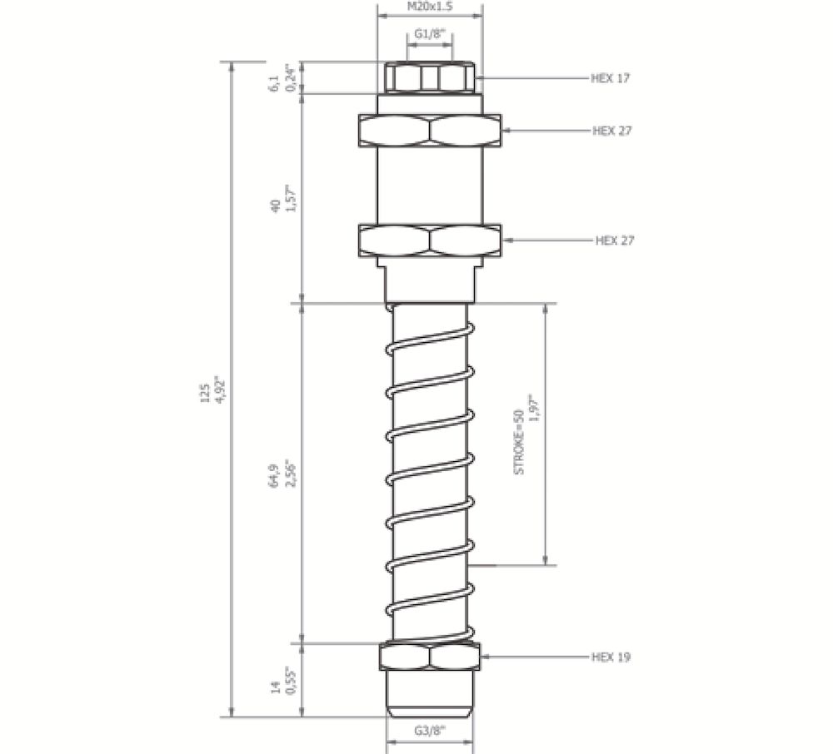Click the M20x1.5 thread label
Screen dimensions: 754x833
pyautogui.click(x=430, y=6)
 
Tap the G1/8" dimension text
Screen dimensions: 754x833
pyautogui.click(x=430, y=35)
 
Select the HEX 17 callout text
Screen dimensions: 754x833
pyautogui.click(x=611, y=78)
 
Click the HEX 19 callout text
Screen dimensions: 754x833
pyautogui.click(x=611, y=657)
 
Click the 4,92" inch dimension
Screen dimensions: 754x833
pyautogui.click(x=221, y=393)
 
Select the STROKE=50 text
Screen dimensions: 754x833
pyautogui.click(x=519, y=442)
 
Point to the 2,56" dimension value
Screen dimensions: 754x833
pyautogui.click(x=289, y=475)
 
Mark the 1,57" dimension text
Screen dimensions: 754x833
pyautogui.click(x=290, y=199)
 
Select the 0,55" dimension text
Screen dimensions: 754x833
pyautogui.click(x=290, y=680)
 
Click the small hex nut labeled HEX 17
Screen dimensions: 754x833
pyautogui.click(x=430, y=79)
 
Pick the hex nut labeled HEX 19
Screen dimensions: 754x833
pyautogui.click(x=430, y=657)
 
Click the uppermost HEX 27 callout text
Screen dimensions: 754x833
pyautogui.click(x=612, y=131)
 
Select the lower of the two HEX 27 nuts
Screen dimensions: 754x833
pyautogui.click(x=430, y=241)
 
